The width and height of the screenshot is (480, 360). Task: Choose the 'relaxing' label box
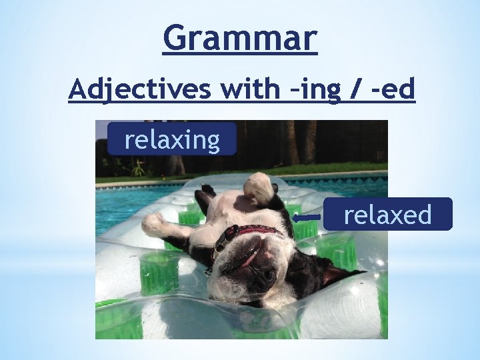click(x=172, y=139)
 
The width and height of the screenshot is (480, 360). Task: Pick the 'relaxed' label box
click(x=387, y=215)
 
